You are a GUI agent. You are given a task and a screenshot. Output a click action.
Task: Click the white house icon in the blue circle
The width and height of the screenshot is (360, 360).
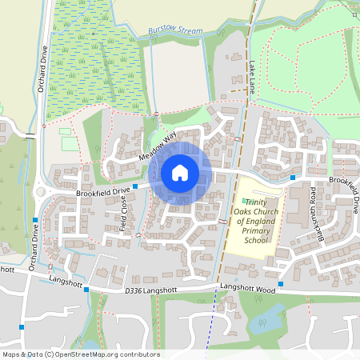pyautogui.click(x=180, y=172)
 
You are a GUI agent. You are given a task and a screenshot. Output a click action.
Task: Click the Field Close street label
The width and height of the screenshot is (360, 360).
pyautogui.click(x=125, y=211)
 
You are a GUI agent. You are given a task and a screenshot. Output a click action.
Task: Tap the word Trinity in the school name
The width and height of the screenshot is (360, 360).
pyautogui.click(x=255, y=202)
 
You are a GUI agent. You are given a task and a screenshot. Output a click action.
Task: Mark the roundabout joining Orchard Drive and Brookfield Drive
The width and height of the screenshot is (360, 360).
pyautogui.click(x=41, y=192)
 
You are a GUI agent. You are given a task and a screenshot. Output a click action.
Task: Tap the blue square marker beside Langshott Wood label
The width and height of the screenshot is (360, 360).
pyautogui.click(x=281, y=284)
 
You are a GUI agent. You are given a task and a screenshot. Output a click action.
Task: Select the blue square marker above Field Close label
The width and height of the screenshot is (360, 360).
pyautogui.click(x=134, y=186)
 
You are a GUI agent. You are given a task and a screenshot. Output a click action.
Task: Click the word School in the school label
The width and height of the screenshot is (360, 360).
pyautogui.click(x=255, y=239)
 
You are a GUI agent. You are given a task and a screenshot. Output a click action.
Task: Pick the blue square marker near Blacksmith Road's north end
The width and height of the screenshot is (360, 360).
pyautogui.click(x=294, y=177)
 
